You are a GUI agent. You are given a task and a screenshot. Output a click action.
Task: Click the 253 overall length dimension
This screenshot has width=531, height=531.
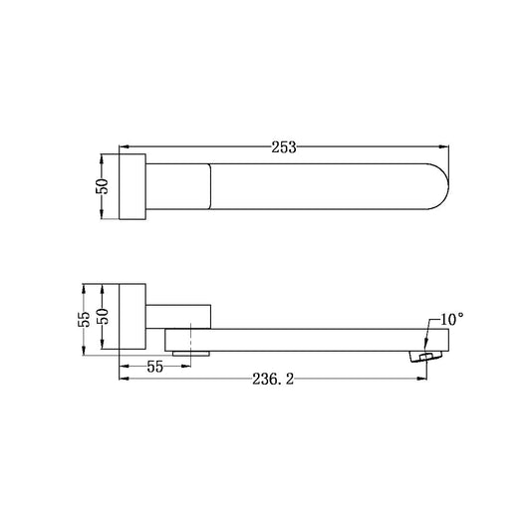[284, 147]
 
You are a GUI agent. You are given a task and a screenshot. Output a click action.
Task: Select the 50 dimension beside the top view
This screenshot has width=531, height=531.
[102, 186]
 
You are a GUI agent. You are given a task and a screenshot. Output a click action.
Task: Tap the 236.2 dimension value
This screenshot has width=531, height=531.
[273, 379]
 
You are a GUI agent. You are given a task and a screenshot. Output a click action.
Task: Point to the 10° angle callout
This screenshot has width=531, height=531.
[451, 320]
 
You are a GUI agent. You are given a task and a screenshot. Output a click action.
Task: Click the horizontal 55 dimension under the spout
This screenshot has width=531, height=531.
[155, 367]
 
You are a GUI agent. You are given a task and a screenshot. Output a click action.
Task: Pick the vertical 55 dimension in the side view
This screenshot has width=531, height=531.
[84, 319]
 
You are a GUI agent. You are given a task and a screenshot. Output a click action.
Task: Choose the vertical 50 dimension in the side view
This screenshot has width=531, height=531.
[103, 317]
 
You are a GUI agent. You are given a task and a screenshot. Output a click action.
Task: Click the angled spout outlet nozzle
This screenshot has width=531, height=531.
[425, 357]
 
